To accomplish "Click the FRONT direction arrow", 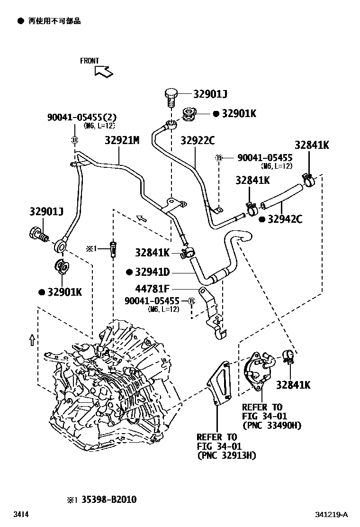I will (103, 71).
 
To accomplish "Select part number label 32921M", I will (122, 140).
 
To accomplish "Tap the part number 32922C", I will (197, 140).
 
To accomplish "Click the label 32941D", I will (152, 272).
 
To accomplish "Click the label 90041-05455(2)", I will (81, 117).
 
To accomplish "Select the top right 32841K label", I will (311, 145).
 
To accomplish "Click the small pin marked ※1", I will (113, 248).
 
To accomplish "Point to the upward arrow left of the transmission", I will (31, 340).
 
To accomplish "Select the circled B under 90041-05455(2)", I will (74, 140).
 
